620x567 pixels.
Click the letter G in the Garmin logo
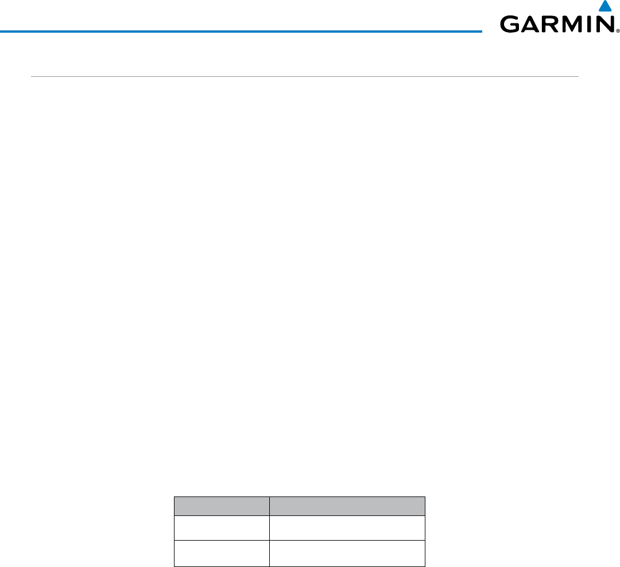(x=510, y=25)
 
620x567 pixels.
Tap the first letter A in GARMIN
(x=529, y=25)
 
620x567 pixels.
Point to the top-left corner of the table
(x=175, y=497)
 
